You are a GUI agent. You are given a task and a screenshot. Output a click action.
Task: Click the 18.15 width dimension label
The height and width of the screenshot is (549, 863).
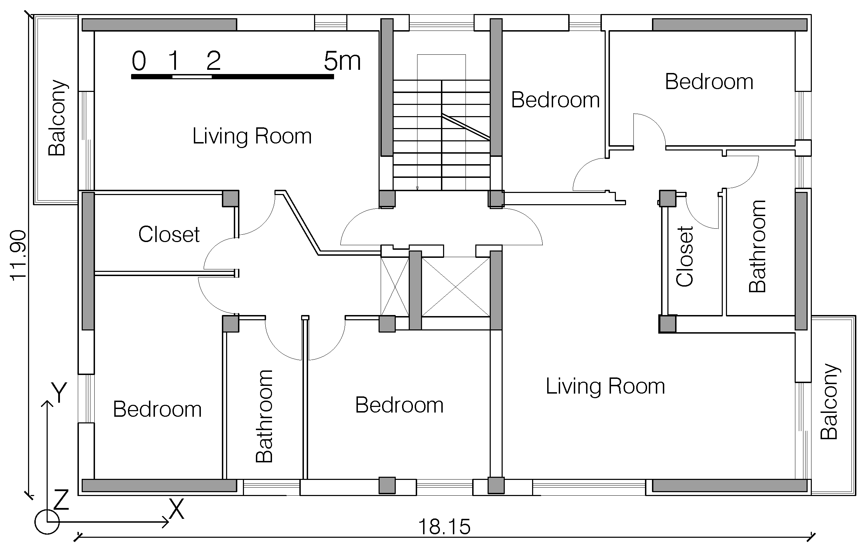point(444,527)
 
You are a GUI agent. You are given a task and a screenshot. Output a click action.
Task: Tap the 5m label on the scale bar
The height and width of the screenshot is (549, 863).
point(342,61)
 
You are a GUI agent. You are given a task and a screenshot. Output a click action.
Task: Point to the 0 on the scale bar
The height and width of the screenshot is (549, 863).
point(139,61)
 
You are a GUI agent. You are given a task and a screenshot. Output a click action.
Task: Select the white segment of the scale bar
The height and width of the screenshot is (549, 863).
point(192,76)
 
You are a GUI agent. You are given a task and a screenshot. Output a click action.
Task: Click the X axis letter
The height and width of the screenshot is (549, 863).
point(176,509)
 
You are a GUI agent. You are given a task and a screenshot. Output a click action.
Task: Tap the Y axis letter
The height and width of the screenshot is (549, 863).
point(59,392)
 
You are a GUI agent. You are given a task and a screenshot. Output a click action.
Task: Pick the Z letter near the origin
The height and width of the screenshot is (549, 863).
point(61,500)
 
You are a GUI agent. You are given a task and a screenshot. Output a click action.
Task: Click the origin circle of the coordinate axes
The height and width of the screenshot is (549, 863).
point(47,522)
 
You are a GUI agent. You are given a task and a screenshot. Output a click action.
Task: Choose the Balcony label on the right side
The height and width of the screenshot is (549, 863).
point(829,402)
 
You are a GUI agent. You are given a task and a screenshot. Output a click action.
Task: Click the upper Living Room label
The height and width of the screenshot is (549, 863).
point(252,136)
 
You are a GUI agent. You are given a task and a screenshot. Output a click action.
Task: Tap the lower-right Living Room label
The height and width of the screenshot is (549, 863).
point(605,386)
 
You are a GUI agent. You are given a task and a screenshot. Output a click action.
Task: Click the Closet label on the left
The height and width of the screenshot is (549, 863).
point(169,235)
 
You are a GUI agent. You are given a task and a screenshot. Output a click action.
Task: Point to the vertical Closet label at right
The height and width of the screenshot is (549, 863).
point(685,256)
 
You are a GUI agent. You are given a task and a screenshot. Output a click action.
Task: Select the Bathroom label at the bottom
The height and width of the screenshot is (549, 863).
point(264,416)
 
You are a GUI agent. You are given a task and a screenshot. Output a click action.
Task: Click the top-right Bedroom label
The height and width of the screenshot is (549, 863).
point(709,82)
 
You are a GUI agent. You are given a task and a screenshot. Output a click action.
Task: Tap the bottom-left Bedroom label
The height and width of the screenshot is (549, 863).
point(157,409)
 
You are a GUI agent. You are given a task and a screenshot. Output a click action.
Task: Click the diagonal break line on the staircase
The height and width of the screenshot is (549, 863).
point(466,127)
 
